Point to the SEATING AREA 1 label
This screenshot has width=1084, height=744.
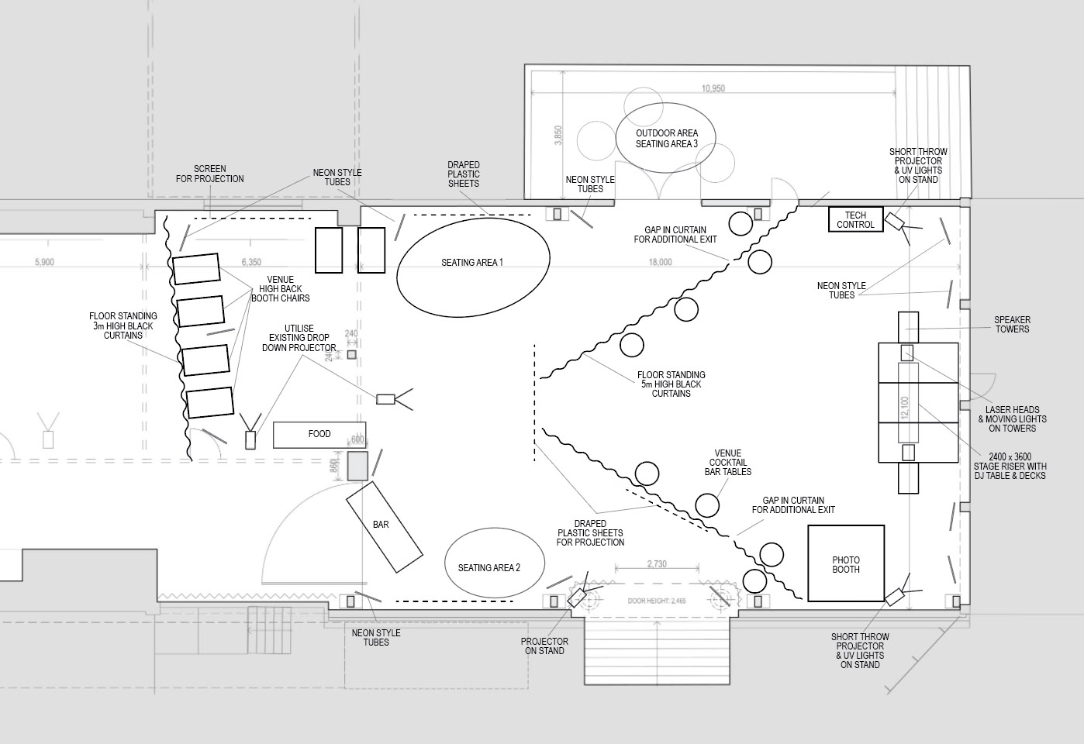pos(472,263)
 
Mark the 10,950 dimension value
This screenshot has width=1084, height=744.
pos(713,88)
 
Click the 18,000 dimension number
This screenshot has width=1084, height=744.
pos(660,262)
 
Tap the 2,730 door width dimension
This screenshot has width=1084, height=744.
pos(657,564)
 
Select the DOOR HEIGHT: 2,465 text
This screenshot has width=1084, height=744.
pos(657,601)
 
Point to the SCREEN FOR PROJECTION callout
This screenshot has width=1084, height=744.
pos(209,174)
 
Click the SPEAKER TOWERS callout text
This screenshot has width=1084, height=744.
pos(1013,325)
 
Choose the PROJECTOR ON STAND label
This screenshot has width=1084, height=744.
pos(544,646)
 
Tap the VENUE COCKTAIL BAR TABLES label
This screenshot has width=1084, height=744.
pos(728,463)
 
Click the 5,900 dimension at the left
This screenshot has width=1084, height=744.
pos(44,262)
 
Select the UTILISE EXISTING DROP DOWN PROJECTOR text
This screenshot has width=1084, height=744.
pos(299,338)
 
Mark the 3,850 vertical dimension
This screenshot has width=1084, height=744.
pos(558,136)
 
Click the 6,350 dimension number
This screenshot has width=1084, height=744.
pos(251,262)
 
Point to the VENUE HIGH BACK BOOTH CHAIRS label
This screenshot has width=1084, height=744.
pos(280,289)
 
